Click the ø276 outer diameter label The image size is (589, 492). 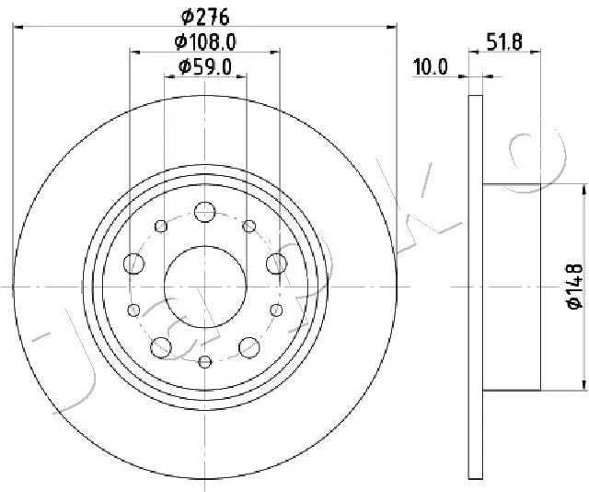205,17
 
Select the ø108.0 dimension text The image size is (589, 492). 205,41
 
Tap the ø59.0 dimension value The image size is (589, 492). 205,67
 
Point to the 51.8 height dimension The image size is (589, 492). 504,41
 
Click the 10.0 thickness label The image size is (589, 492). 431,67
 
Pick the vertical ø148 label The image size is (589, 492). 574,287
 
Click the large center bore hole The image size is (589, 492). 205,287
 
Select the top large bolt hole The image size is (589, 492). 204,212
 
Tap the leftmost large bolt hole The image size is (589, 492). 133,264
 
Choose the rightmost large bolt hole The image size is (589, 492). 276,264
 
